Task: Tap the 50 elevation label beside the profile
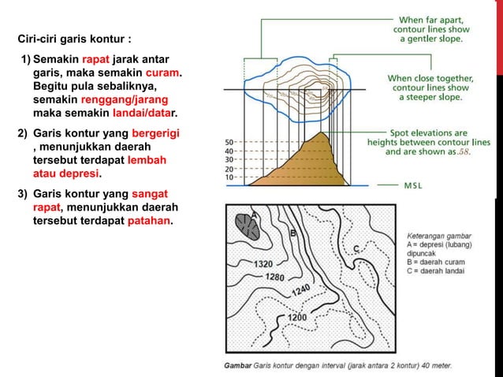click(229, 143)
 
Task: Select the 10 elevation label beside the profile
click(229, 177)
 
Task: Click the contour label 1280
click(275, 277)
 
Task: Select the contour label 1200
click(296, 317)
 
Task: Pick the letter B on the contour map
click(293, 233)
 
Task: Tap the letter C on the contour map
click(356, 249)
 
